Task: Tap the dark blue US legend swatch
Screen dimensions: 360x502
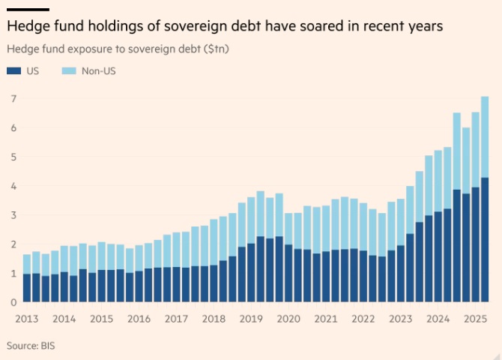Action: [13, 71]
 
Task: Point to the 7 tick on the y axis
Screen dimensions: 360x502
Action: [13, 99]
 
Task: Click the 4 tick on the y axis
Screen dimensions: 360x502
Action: [13, 186]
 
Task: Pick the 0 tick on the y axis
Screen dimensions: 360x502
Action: [13, 302]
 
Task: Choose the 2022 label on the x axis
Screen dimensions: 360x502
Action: [363, 319]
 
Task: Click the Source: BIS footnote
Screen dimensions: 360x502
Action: [31, 346]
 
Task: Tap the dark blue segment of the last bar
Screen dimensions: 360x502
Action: [484, 240]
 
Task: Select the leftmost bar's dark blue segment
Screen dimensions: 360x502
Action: [27, 288]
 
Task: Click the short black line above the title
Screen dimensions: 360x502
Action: [28, 9]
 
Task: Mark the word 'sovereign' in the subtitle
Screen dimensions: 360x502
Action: [130, 49]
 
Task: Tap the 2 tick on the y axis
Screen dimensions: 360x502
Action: [13, 244]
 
